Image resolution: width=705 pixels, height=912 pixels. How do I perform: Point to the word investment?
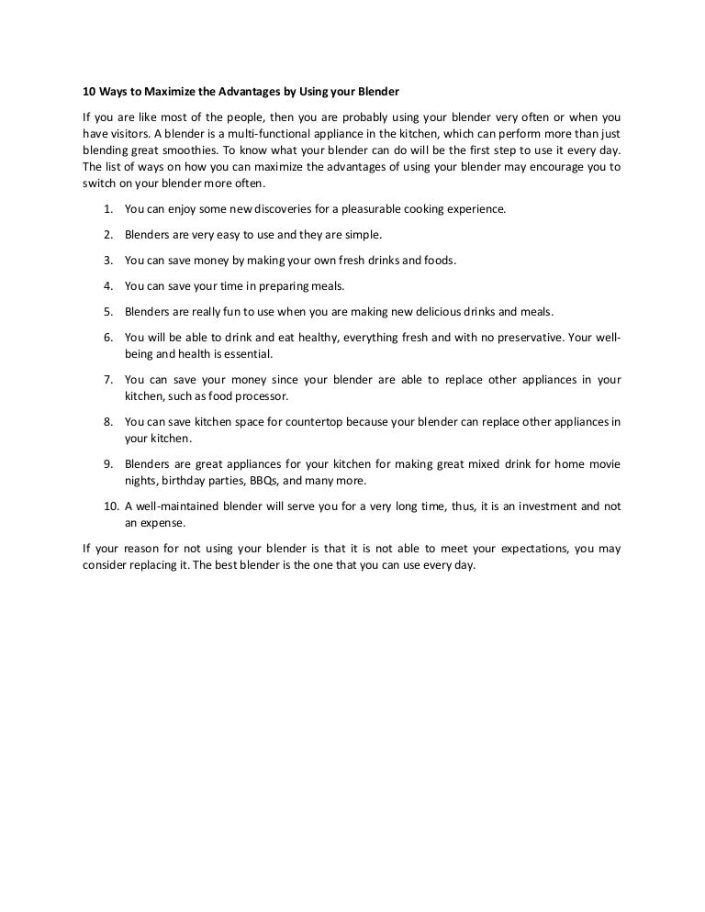pos(543,506)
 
